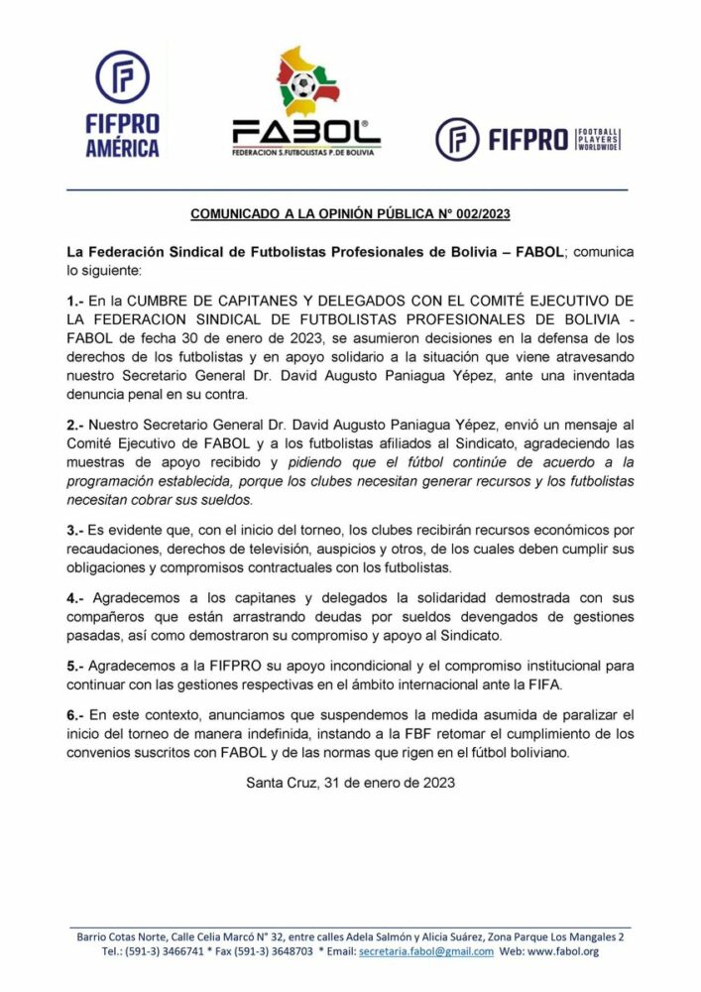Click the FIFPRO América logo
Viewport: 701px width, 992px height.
(x=127, y=103)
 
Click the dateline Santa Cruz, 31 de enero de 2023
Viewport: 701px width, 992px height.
(x=350, y=783)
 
